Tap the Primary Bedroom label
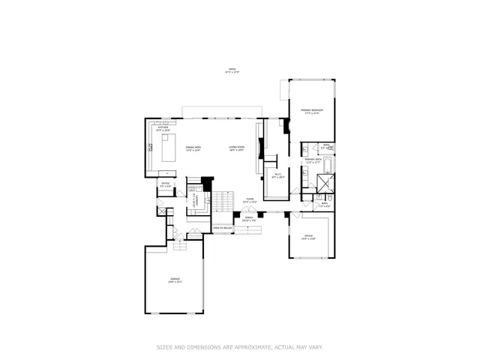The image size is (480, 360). tap(311, 112)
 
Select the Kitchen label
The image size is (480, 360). tap(163, 129)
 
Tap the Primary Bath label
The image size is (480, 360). tap(313, 160)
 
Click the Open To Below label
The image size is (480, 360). tap(221, 228)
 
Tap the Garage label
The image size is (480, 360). tap(175, 280)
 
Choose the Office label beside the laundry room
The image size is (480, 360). tap(165, 184)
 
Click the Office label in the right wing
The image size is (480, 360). tap(308, 237)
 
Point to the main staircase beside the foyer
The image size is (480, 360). tap(221, 200)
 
